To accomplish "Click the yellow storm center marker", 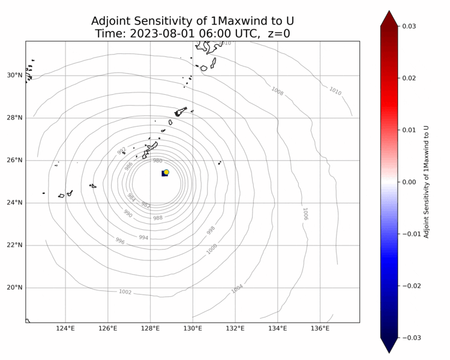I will pyautogui.click(x=166, y=172).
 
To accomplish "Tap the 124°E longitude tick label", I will pyautogui.click(x=65, y=328).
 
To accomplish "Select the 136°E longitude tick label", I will pyautogui.click(x=320, y=328).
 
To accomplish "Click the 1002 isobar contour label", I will pyautogui.click(x=125, y=292).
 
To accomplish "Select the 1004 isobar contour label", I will pyautogui.click(x=237, y=289).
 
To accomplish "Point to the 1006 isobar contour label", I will pyautogui.click(x=305, y=214).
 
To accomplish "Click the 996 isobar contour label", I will pyautogui.click(x=120, y=241).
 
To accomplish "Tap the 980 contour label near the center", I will pyautogui.click(x=157, y=161).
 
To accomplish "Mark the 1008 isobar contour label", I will pyautogui.click(x=277, y=91).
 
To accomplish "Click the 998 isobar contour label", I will pyautogui.click(x=211, y=230).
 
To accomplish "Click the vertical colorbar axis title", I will pyautogui.click(x=427, y=182).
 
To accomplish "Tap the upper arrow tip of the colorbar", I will pyautogui.click(x=389, y=11).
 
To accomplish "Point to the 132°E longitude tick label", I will pyautogui.click(x=235, y=328).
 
